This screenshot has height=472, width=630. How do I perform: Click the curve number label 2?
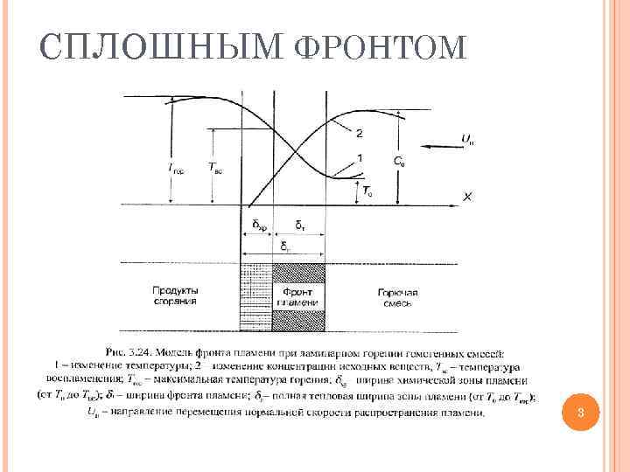(x=360, y=133)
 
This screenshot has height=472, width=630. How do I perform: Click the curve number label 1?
(x=360, y=158)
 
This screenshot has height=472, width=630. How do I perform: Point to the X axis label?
(x=467, y=197)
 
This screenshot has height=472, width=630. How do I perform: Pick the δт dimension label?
(x=299, y=226)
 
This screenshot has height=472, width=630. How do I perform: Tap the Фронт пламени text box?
(x=299, y=295)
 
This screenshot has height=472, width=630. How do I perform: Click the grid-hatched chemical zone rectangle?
(x=256, y=298)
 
